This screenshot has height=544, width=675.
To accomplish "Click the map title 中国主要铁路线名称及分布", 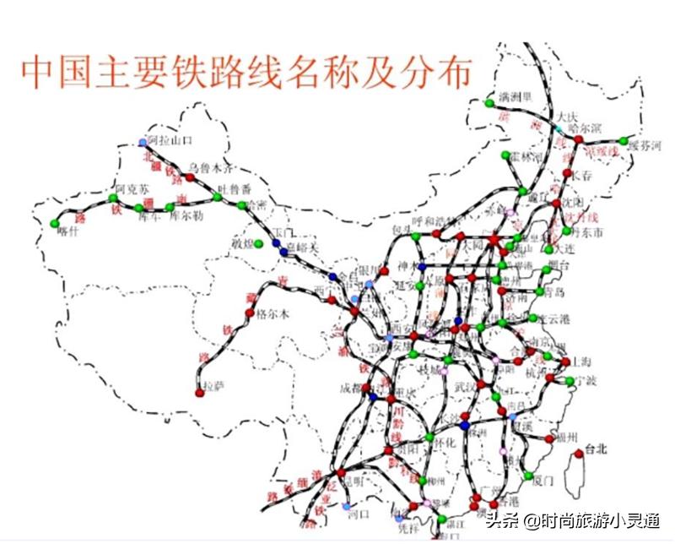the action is tap(245, 73).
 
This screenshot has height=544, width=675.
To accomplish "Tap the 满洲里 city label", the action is tap(514, 95).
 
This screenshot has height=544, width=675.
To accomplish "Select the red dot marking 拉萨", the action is tap(200, 393).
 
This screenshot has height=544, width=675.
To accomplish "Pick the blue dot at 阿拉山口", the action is tap(142, 143).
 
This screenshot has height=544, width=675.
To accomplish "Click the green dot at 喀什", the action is tap(55, 224).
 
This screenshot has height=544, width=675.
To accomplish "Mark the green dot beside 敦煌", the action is tap(259, 244).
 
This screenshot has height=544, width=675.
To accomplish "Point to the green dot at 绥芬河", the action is tap(624, 140).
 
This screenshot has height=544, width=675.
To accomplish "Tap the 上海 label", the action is tap(580, 361).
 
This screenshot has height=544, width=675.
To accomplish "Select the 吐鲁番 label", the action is tap(235, 188).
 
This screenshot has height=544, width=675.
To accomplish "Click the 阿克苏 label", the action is tap(132, 188).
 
